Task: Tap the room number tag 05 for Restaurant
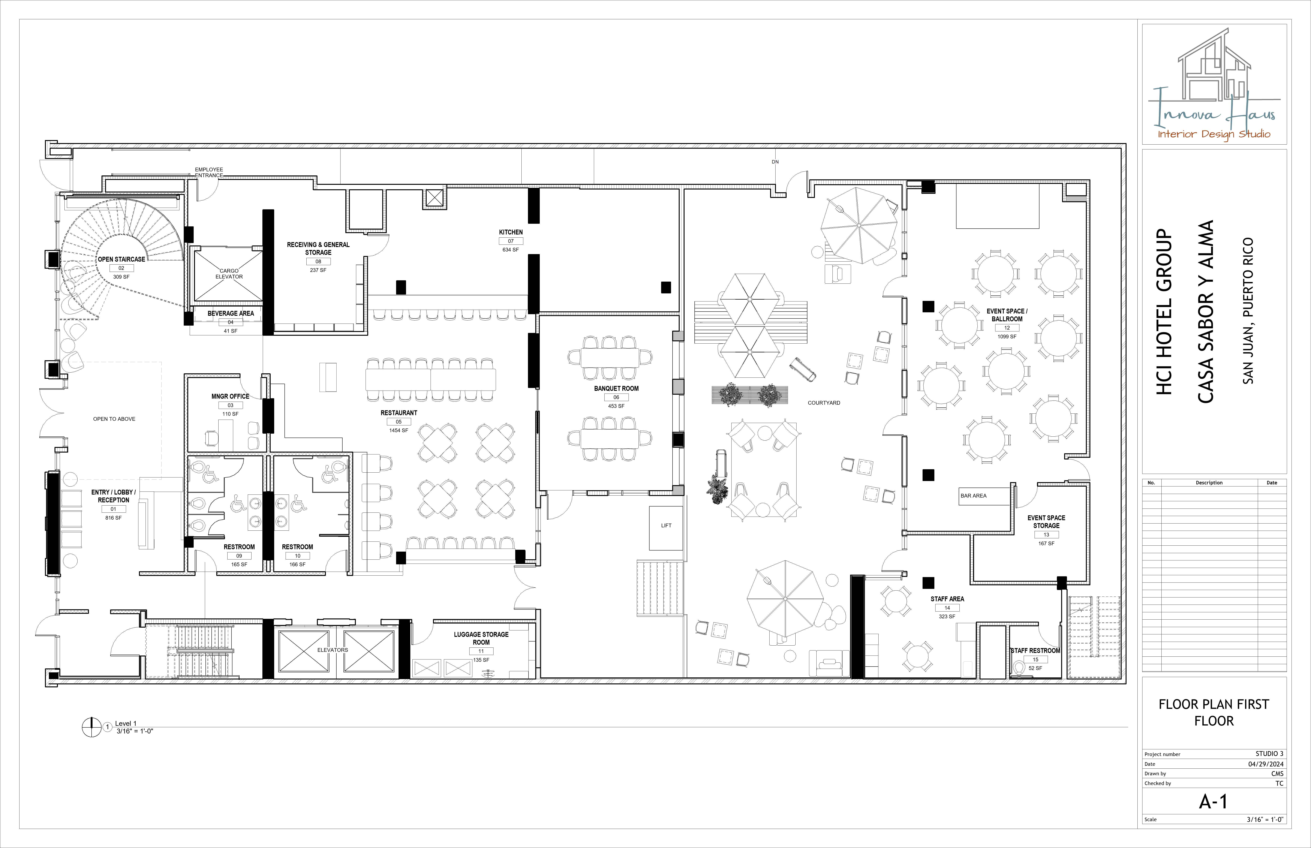coord(399,422)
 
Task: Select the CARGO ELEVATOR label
coord(229,274)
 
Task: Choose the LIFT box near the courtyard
coord(666,526)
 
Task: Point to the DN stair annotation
coord(775,162)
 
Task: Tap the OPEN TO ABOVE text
coord(114,419)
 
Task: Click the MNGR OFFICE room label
coord(230,396)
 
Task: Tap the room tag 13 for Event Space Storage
coord(1046,535)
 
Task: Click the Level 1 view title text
coord(126,723)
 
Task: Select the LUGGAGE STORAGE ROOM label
coord(481,638)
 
